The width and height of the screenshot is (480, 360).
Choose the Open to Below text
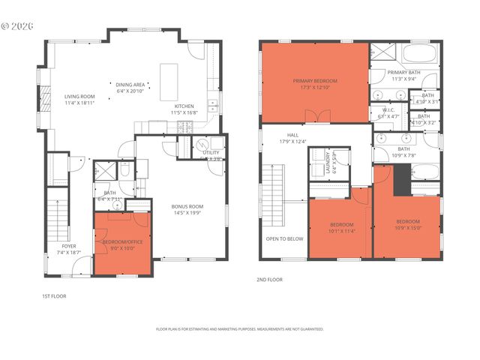[x=284, y=239]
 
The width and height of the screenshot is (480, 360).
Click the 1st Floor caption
[x=54, y=296]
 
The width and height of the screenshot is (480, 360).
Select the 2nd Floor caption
[x=269, y=280]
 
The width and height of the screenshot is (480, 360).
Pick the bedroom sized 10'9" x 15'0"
[x=408, y=225]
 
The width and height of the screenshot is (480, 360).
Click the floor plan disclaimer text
[x=239, y=329]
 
